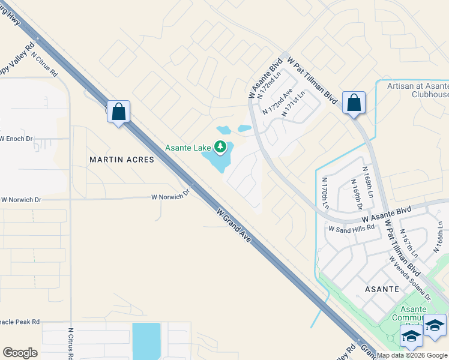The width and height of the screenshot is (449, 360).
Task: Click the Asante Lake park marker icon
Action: coord(221,146)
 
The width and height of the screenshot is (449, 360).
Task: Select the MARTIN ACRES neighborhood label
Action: coord(122,160)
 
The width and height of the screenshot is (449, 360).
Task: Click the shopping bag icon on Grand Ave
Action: coord(118,111)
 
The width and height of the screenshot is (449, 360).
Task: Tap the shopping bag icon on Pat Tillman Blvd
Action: coord(354,102)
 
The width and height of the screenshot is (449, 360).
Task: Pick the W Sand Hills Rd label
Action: coord(351,229)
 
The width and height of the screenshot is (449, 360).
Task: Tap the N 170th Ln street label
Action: coord(325,193)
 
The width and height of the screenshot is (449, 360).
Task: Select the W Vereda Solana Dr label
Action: coord(410,279)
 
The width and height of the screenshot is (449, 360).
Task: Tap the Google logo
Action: coord(20,353)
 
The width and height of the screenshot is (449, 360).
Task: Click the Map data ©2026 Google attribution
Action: coord(412,355)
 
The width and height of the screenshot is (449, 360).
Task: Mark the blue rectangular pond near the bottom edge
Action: coord(146,340)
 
